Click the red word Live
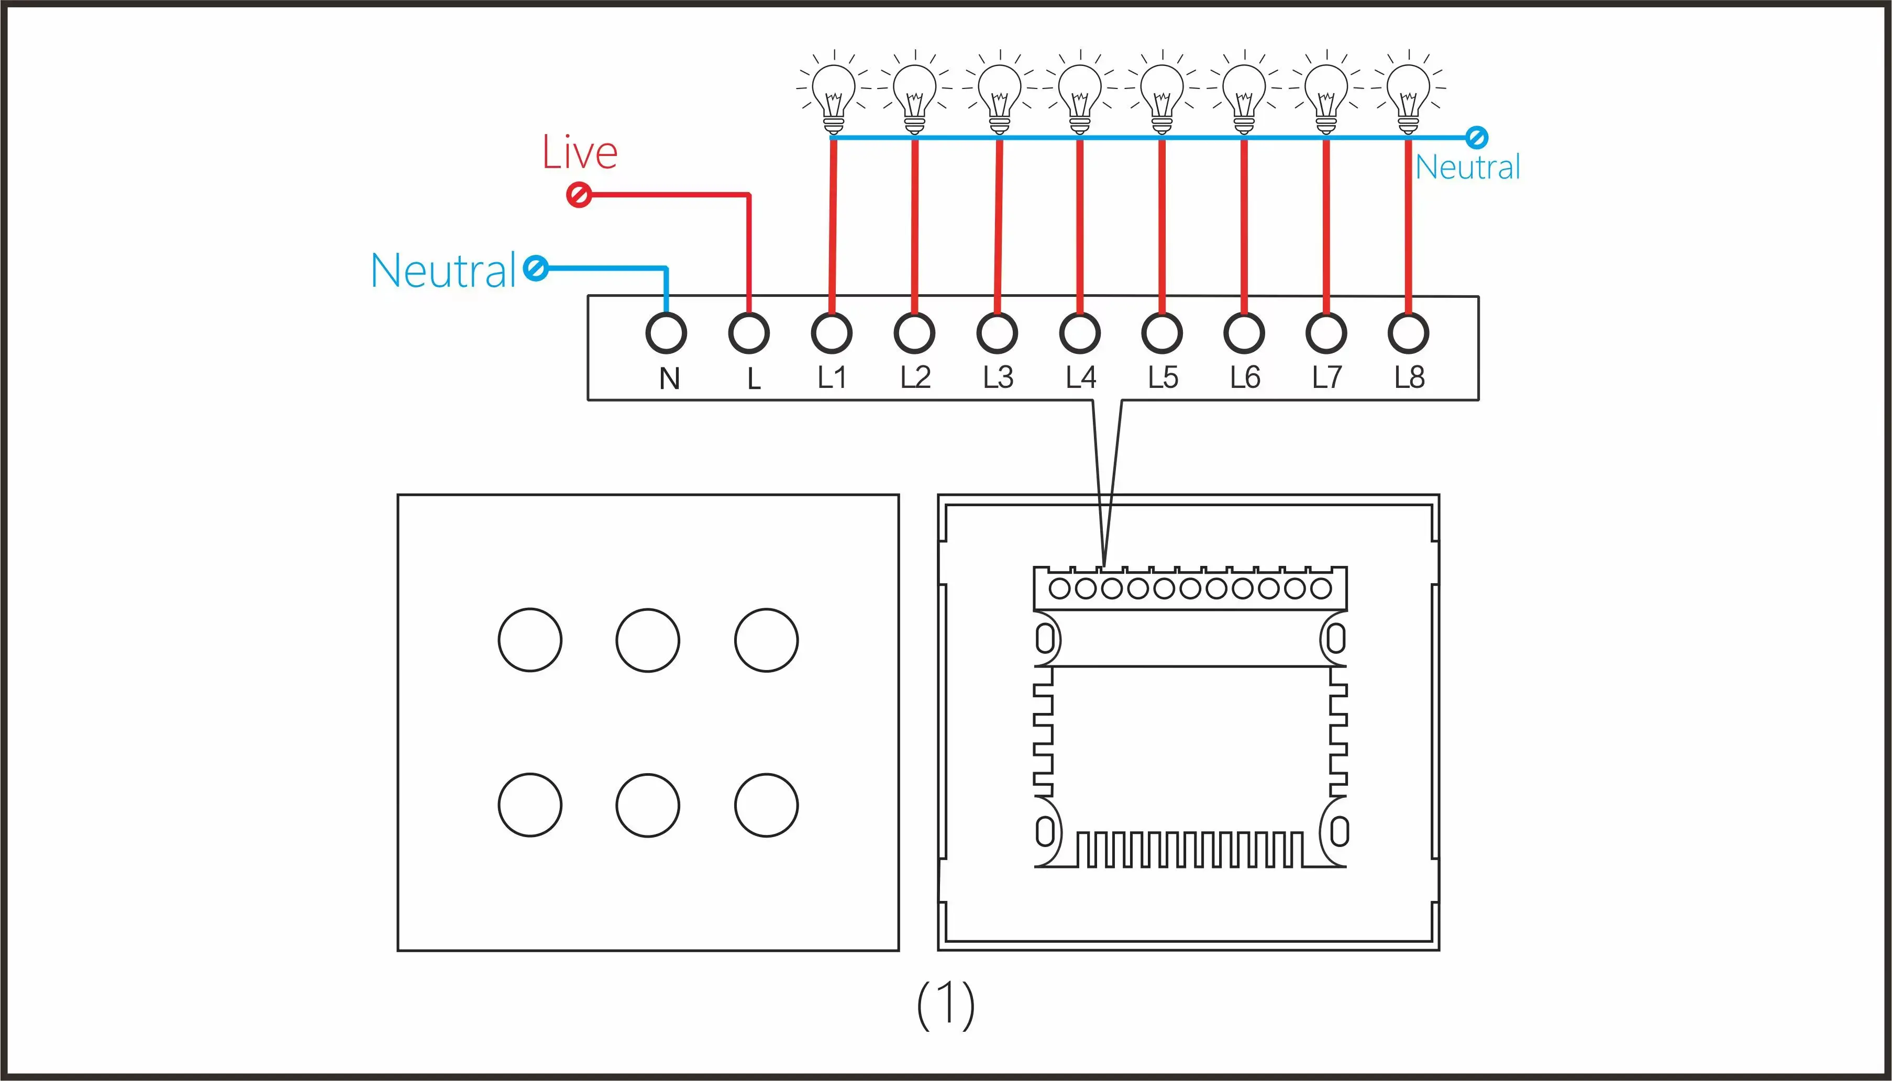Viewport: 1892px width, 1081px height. click(x=580, y=152)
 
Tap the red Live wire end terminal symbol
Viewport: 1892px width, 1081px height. click(x=579, y=195)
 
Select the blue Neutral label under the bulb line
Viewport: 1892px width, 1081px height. click(x=1467, y=167)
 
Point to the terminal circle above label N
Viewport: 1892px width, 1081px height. click(x=666, y=333)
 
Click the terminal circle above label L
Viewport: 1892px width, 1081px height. click(x=748, y=333)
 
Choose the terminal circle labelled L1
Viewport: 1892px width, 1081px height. click(x=832, y=333)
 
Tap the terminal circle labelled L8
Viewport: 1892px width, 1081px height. click(x=1408, y=333)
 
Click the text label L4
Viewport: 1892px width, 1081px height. click(x=1080, y=378)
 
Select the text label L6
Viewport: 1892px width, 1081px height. click(x=1245, y=378)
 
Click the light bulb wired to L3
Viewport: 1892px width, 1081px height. click(x=1000, y=94)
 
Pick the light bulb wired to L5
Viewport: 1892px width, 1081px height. click(x=1162, y=94)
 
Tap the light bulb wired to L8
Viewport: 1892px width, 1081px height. click(x=1409, y=94)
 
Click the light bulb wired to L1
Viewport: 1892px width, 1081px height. click(x=834, y=94)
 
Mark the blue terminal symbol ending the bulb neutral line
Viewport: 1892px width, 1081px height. click(x=1476, y=137)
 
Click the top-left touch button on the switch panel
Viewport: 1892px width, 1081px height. click(x=530, y=640)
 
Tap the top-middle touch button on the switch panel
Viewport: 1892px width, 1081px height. click(x=647, y=640)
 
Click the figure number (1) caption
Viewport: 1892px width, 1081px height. click(x=945, y=1005)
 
